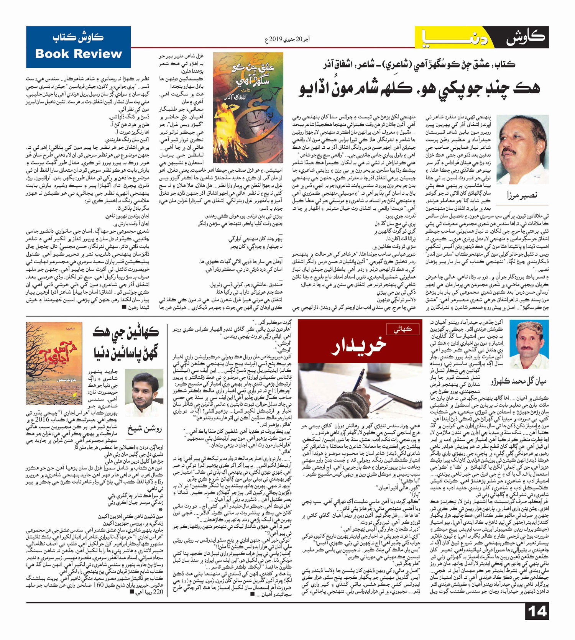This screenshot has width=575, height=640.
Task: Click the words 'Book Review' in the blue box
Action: click(78, 54)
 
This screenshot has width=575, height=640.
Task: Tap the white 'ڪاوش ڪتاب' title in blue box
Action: click(78, 38)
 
